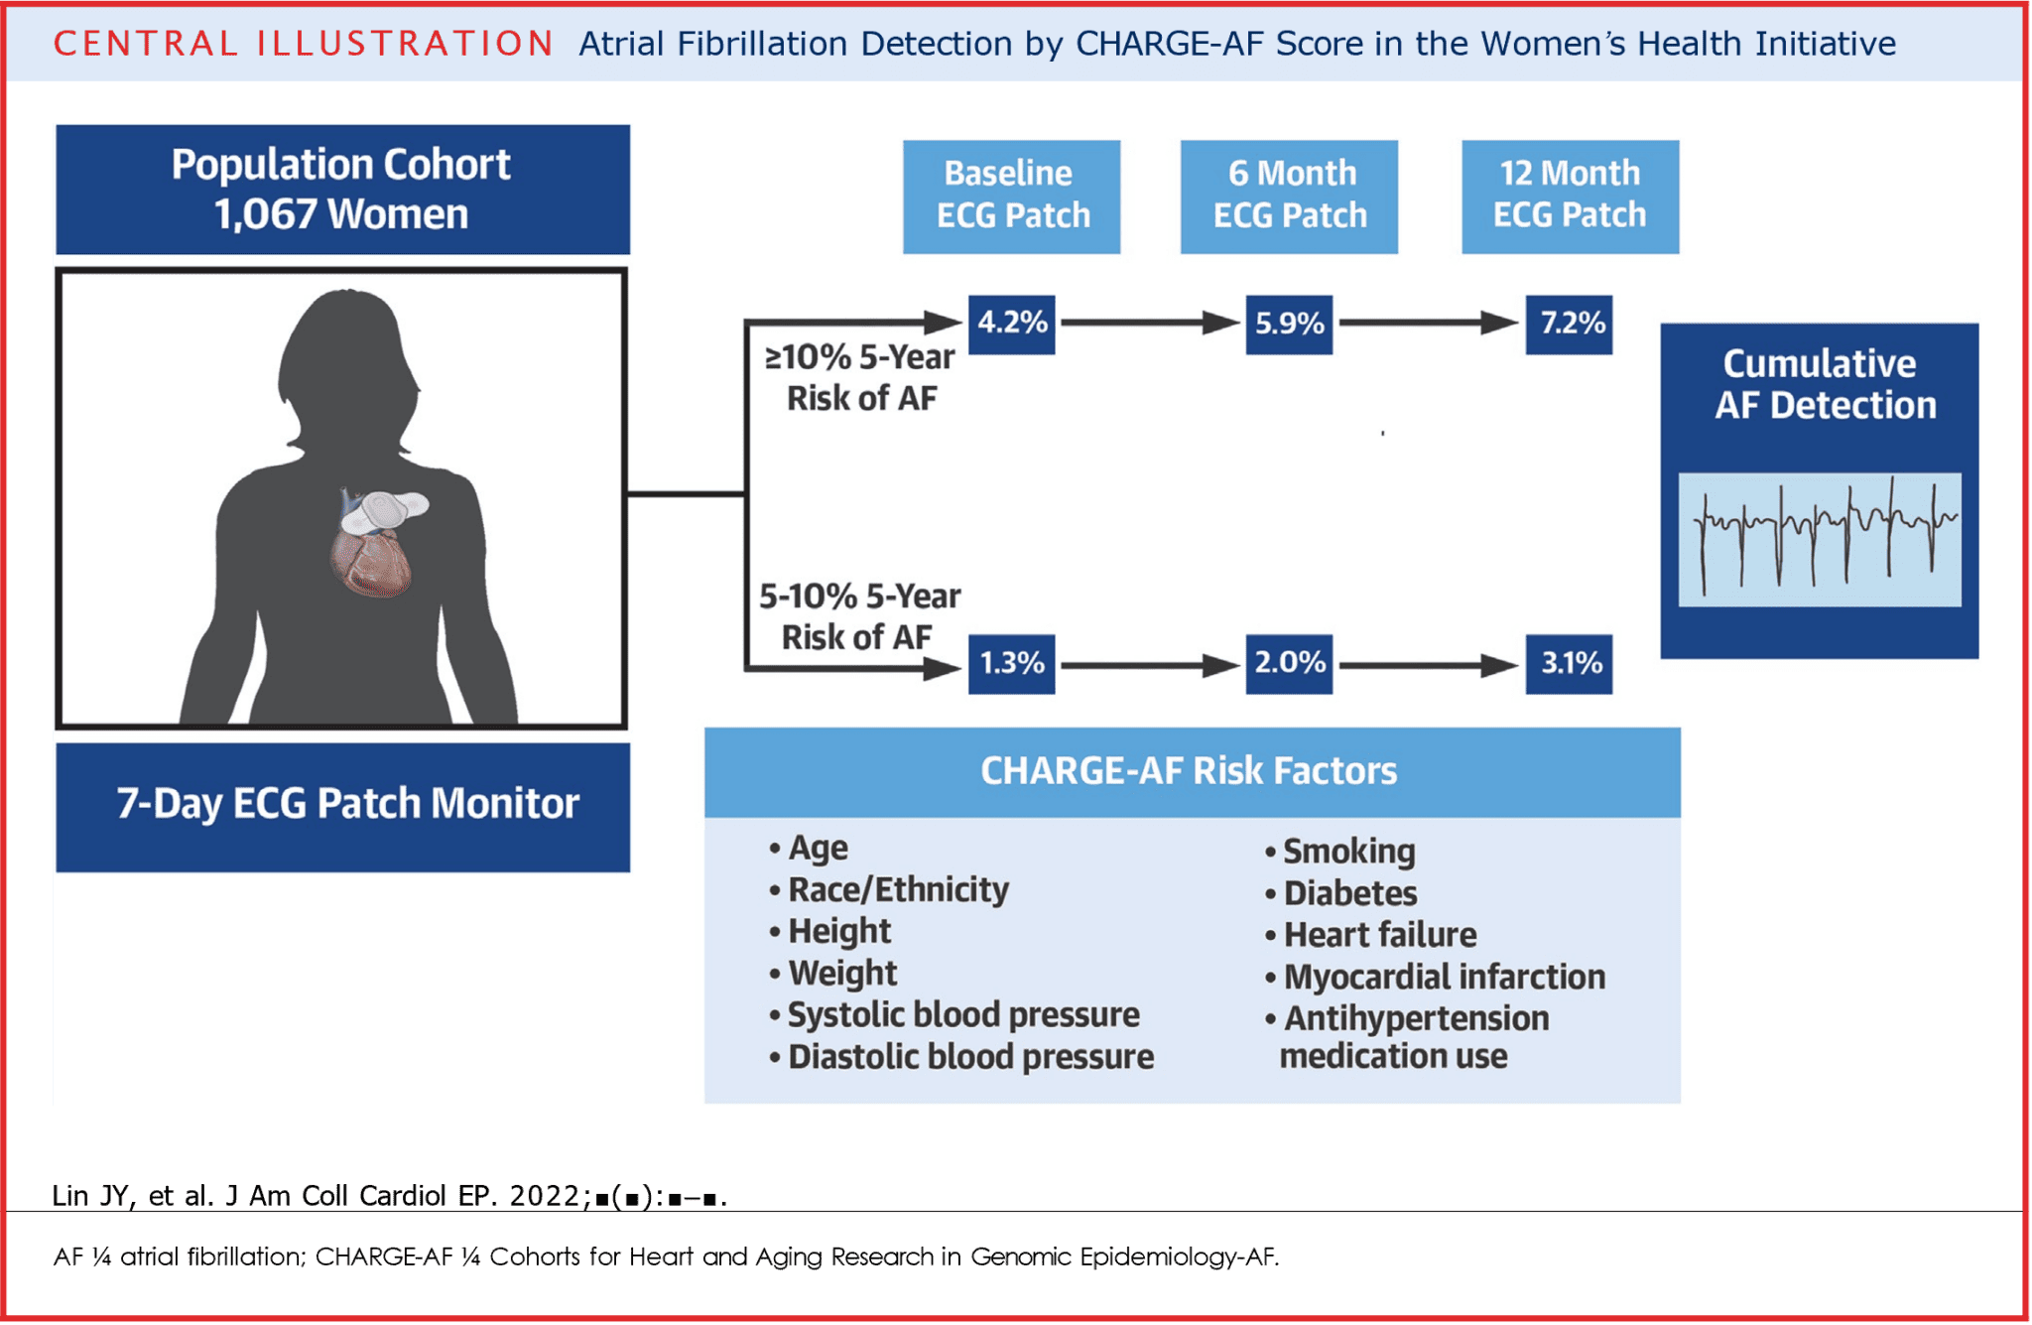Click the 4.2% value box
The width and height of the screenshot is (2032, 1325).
pyautogui.click(x=1011, y=324)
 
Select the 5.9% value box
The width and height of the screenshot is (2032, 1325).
pyautogui.click(x=1289, y=324)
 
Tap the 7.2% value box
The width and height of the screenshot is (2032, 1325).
pyautogui.click(x=1569, y=324)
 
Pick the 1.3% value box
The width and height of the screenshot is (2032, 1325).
pyautogui.click(x=1011, y=663)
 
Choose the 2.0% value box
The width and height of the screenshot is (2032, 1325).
pyautogui.click(x=1289, y=663)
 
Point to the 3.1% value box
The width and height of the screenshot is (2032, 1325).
pyautogui.click(x=1569, y=663)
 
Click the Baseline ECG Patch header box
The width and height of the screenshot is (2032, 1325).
pyautogui.click(x=1011, y=196)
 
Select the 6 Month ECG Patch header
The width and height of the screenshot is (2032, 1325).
pyautogui.click(x=1289, y=196)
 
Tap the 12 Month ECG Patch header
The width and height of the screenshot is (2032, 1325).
pyautogui.click(x=1570, y=196)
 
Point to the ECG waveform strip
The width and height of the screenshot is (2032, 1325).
pyautogui.click(x=1819, y=539)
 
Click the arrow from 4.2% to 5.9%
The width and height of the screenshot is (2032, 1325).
pyautogui.click(x=1149, y=323)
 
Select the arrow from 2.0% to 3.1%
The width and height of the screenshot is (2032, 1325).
pyautogui.click(x=1427, y=665)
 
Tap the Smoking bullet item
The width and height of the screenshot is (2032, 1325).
pyautogui.click(x=1347, y=852)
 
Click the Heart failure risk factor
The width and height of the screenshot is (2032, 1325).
pyautogui.click(x=1379, y=935)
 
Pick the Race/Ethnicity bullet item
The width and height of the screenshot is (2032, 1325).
pyautogui.click(x=897, y=890)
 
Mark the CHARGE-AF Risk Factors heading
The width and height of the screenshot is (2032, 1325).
pyautogui.click(x=1189, y=771)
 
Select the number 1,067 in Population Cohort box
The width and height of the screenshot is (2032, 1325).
pyautogui.click(x=265, y=215)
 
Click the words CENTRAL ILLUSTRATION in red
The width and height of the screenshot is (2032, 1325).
pyautogui.click(x=303, y=44)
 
